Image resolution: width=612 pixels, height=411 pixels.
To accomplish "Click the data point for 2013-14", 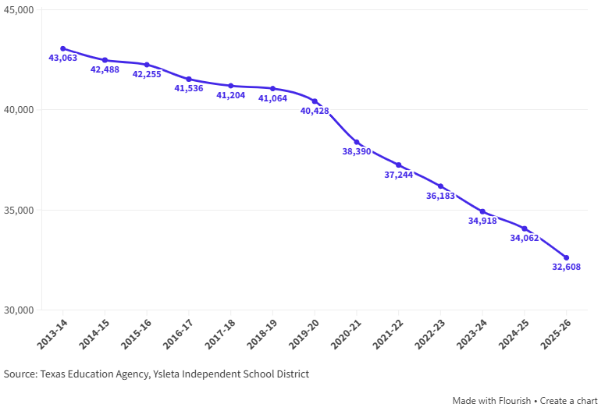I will (63, 48).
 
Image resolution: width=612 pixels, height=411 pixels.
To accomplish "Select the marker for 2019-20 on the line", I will (315, 101).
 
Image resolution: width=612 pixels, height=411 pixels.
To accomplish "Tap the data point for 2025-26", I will (566, 257).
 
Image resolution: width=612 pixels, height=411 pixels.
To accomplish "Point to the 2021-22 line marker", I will (398, 165).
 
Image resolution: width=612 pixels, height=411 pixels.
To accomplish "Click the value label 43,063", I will (63, 58).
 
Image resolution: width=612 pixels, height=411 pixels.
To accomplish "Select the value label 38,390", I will (357, 151).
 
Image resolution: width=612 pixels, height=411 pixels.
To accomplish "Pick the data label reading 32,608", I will (567, 268).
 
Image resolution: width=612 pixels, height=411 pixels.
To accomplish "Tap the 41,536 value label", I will (189, 89).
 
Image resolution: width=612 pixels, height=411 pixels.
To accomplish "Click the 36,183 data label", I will (440, 196).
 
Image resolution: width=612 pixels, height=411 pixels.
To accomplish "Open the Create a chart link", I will (569, 401).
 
